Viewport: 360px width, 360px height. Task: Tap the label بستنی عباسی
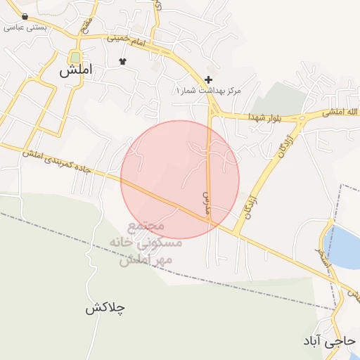pos(25,28)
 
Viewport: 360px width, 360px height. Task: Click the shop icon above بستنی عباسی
pos(25,16)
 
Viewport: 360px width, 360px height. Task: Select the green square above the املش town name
pos(75,57)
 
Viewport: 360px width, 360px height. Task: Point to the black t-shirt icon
pos(124,61)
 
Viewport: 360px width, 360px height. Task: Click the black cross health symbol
pos(208,79)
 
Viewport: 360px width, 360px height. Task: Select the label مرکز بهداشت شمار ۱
pos(208,91)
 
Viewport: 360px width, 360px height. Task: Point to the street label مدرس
pos(207,195)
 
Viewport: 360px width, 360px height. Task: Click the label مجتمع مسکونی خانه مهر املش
pos(146,243)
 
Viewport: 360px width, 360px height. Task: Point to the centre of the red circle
pos(180,180)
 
